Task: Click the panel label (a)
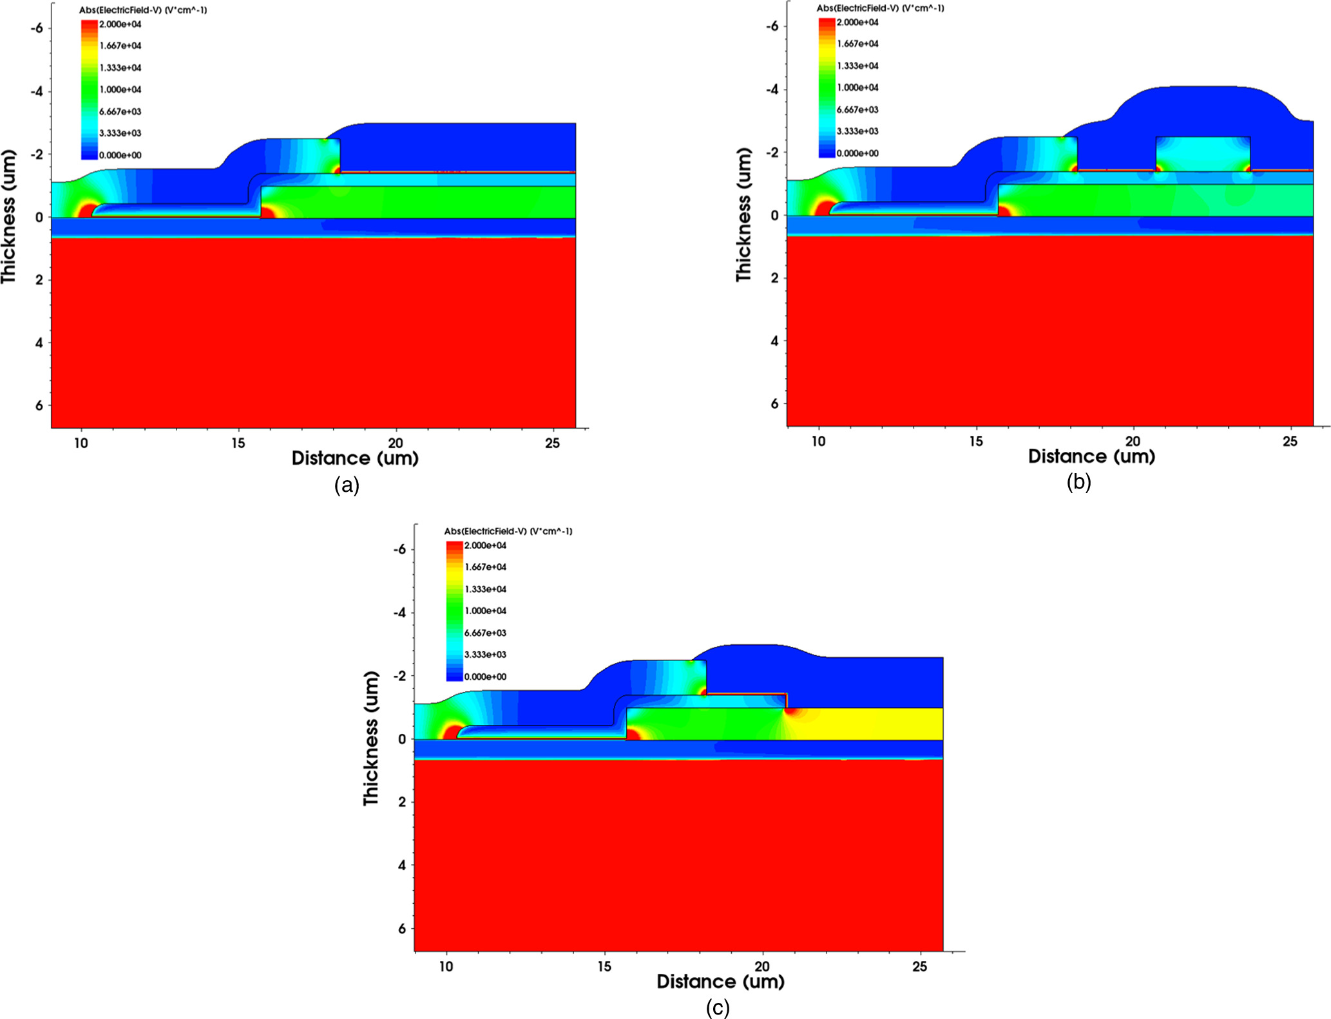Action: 347,485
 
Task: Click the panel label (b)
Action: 1078,481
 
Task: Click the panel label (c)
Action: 718,1007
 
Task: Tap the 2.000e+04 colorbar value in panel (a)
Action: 120,24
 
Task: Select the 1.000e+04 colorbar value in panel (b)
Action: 857,88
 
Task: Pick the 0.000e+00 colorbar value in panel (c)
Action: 485,677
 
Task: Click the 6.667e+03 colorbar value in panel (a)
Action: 120,111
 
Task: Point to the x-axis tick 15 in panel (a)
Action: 238,443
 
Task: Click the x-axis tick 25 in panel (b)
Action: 1289,441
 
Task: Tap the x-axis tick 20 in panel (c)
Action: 761,966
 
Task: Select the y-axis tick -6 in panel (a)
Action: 38,28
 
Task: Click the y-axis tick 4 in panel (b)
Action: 774,341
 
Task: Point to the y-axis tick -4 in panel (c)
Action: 401,612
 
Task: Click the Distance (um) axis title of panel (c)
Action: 720,982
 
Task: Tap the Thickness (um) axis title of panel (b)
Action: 744,214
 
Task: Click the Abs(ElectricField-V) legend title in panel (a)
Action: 143,10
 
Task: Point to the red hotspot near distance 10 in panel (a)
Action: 86,210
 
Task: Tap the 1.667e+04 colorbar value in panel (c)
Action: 485,567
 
